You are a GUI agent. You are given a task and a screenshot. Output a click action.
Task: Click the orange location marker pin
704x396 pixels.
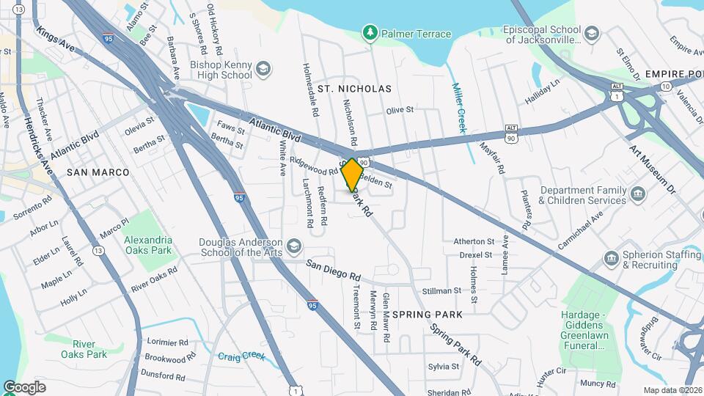353,175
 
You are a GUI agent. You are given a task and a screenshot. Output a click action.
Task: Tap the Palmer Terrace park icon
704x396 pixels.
370,33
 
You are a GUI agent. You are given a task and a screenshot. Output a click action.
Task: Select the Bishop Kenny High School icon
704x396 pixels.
263,70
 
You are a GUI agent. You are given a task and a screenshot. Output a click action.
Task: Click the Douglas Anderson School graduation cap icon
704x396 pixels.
294,246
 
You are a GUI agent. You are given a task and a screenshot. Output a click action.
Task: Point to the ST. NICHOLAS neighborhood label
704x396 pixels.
354,89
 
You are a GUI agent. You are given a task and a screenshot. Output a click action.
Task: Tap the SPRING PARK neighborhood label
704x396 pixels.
428,314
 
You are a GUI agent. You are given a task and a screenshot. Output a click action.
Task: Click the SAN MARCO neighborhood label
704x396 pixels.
98,172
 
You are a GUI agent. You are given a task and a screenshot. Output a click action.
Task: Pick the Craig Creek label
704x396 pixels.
241,356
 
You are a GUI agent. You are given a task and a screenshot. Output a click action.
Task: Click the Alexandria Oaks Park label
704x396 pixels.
147,245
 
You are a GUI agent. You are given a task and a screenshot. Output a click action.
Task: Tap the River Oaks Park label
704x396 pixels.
89,349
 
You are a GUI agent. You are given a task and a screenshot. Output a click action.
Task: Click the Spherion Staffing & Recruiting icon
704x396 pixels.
612,259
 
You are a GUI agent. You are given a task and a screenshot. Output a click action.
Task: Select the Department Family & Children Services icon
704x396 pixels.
637,194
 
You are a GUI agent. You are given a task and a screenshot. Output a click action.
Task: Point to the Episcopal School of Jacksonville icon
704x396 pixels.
592,34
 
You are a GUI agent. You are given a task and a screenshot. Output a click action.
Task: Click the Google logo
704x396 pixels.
24,387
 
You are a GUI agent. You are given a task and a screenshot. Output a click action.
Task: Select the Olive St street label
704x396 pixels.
400,111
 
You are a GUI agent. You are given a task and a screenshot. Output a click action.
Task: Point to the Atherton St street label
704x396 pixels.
474,241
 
